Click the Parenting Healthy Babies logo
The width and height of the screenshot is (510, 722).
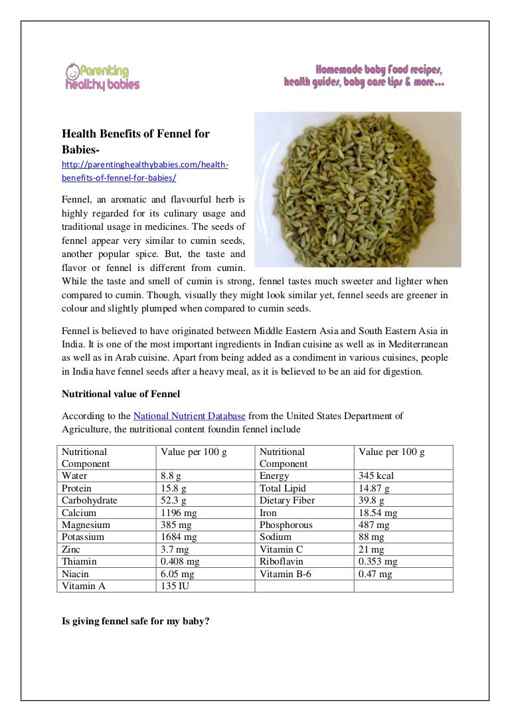coord(102,76)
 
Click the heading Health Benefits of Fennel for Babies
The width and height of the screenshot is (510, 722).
coord(135,141)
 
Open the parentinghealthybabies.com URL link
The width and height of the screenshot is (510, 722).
coord(145,171)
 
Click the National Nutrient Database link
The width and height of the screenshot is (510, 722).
coord(189,416)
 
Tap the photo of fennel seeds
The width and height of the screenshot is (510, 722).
coord(357,189)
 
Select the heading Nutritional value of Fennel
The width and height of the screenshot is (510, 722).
coord(116,394)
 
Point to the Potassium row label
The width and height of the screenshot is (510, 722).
coord(83,537)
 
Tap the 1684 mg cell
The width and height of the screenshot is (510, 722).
coord(179,537)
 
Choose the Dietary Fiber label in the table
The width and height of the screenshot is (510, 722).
coord(287,501)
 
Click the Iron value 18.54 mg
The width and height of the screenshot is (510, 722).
coord(378,513)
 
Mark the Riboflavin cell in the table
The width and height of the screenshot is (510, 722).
coord(282,562)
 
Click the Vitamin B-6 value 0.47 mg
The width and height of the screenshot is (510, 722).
coord(375,574)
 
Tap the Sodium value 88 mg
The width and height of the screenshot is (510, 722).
coord(371,537)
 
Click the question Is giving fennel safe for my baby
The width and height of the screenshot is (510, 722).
coord(135,624)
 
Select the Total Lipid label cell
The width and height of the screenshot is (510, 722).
coord(283,488)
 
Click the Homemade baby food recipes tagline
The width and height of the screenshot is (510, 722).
coord(365,76)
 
